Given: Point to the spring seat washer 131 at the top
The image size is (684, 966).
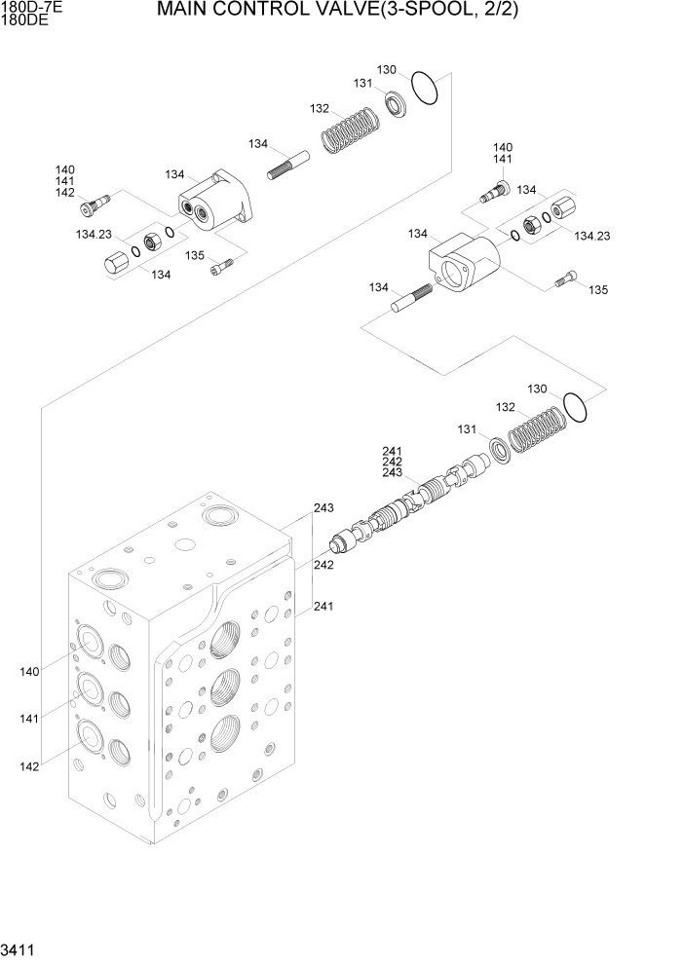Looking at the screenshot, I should (398, 101).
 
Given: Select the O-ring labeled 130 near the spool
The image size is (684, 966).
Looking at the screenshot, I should (575, 408).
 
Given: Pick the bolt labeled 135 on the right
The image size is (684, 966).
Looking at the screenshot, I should (565, 280).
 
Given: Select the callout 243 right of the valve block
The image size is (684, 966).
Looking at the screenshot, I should (323, 508).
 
